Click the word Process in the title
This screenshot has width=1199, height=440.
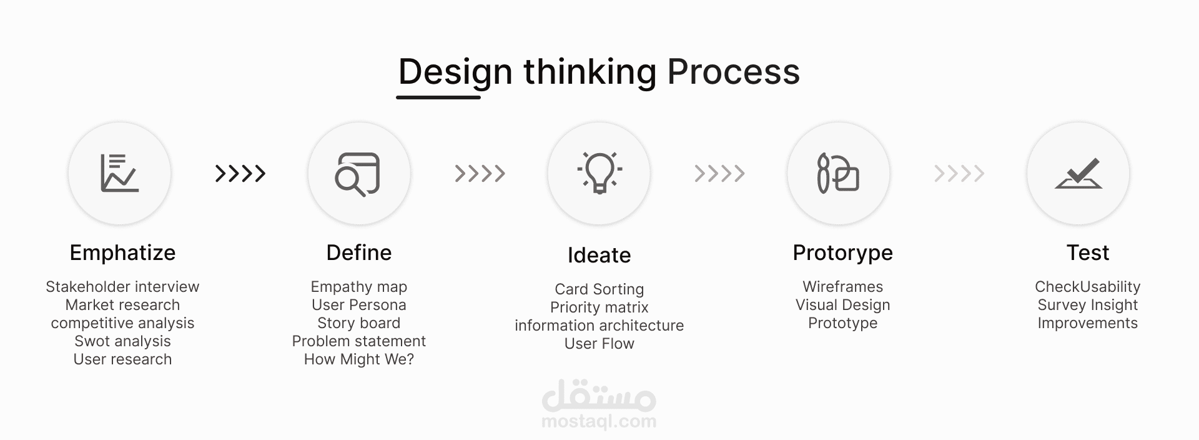click(x=733, y=72)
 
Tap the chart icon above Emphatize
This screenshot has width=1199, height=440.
click(x=119, y=173)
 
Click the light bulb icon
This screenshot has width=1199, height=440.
click(x=599, y=172)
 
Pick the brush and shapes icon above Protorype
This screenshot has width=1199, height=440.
click(x=838, y=172)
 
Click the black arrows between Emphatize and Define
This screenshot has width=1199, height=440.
click(x=240, y=173)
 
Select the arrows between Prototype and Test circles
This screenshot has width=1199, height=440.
click(x=959, y=173)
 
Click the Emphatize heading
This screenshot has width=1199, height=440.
click(x=122, y=252)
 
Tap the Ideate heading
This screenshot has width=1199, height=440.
click(x=599, y=255)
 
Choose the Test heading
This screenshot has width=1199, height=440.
click(x=1088, y=252)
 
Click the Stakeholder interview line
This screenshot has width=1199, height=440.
click(x=122, y=287)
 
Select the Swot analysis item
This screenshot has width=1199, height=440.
click(x=122, y=341)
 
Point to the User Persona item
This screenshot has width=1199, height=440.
click(x=359, y=305)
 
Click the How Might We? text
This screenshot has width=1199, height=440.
click(x=359, y=359)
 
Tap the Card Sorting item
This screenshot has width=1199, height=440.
click(x=599, y=289)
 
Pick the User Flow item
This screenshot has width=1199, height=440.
click(x=599, y=344)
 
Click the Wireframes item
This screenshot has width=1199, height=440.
click(x=843, y=287)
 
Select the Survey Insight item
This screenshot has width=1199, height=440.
click(x=1088, y=305)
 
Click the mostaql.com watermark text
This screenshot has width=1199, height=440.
click(x=599, y=421)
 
